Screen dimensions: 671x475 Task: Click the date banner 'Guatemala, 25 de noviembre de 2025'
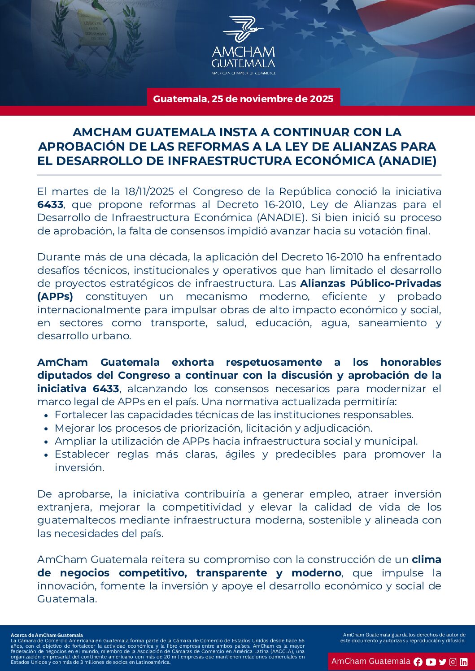pos(243,99)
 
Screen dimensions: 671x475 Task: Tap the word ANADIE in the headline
pos(407,161)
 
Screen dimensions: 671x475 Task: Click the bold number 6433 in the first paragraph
pos(50,205)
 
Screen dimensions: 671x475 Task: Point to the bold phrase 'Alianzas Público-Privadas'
pos(370,284)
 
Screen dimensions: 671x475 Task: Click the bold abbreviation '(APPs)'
pos(55,297)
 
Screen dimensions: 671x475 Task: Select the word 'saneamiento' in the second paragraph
pos(392,323)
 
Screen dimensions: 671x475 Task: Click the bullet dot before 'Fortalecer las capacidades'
pos(46,416)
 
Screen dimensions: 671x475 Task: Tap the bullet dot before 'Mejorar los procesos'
pos(46,429)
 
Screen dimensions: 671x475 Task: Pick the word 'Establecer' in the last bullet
pos(82,455)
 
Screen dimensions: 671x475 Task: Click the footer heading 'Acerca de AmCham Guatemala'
pos(47,635)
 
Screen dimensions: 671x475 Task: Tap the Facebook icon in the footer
pos(418,662)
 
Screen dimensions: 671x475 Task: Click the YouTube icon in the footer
pos(431,662)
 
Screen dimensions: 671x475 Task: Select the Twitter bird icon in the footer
pos(443,662)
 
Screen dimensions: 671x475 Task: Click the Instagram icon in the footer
pos(453,662)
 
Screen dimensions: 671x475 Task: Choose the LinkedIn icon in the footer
pos(464,662)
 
